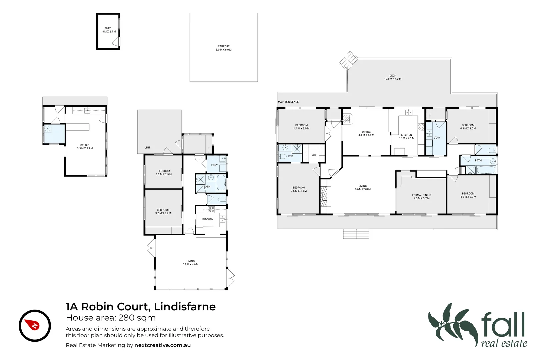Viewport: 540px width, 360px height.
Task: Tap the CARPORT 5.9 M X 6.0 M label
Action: [x=224, y=48]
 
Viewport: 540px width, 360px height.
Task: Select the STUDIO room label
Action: [x=85, y=147]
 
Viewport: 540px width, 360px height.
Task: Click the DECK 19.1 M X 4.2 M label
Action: [x=393, y=77]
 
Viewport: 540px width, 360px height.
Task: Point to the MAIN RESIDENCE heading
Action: [x=288, y=102]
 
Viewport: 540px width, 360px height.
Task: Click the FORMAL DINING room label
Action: [x=422, y=197]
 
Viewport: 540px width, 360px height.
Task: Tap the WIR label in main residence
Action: [x=314, y=155]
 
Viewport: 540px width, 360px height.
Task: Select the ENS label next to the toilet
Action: [x=291, y=156]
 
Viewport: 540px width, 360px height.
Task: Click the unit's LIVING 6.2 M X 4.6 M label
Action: [x=190, y=263]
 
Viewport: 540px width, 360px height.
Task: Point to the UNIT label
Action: [x=147, y=147]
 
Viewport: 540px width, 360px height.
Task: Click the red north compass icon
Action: [x=35, y=326]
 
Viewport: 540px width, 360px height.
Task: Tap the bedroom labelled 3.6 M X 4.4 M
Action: [x=299, y=189]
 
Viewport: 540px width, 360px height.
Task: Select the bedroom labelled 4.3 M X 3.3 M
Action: [x=468, y=195]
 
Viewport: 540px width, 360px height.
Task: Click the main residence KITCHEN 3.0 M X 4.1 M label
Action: [x=406, y=136]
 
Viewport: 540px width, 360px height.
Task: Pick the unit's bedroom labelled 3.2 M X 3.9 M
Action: [x=163, y=212]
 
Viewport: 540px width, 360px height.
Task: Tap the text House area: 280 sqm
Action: [x=111, y=318]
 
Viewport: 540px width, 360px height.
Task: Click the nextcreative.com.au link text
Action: [x=162, y=345]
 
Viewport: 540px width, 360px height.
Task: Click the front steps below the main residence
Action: [x=356, y=234]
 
